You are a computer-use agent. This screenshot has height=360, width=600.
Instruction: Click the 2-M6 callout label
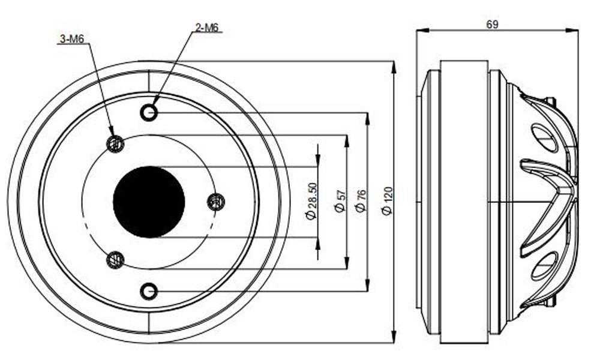206,28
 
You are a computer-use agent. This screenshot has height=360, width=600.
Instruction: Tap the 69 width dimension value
493,25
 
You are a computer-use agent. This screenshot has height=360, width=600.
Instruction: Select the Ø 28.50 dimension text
312,200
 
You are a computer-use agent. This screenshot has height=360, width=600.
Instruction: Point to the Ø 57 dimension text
340,201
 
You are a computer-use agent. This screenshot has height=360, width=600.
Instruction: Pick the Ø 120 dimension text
387,201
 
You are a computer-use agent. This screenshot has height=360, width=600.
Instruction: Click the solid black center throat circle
149,202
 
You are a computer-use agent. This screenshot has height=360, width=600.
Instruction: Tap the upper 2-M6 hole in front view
149,112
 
